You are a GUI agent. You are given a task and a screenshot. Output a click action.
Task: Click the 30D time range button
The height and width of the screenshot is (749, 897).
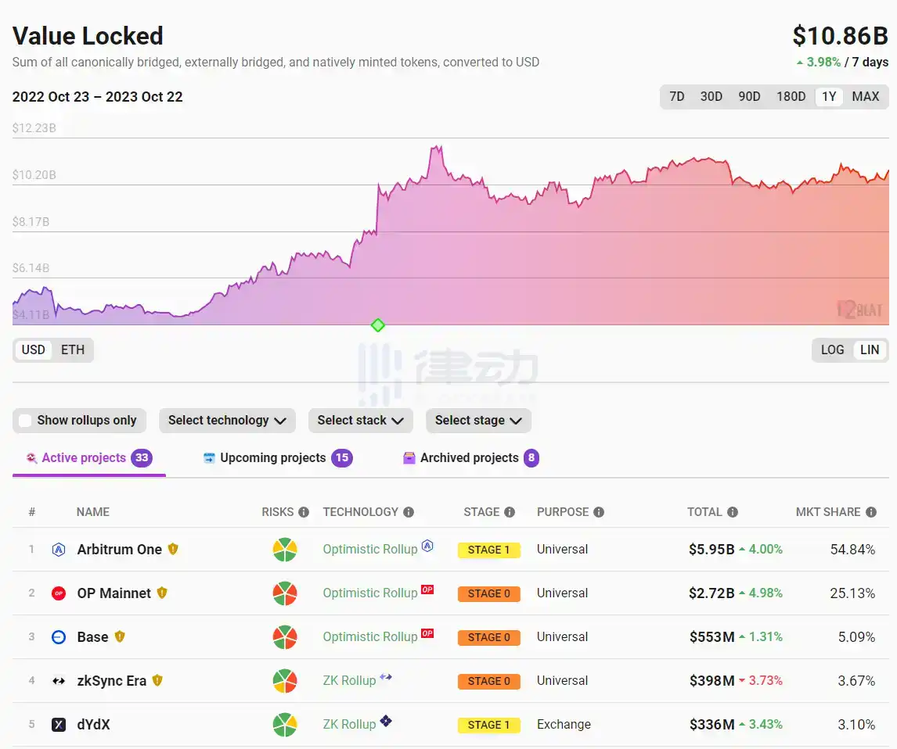(x=711, y=97)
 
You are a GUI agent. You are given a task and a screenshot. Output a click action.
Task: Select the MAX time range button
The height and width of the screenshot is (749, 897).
(x=865, y=97)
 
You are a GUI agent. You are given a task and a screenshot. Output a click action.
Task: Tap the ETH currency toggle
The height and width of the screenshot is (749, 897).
(x=73, y=349)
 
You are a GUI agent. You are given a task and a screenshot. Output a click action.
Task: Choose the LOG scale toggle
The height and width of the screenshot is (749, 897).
(x=832, y=349)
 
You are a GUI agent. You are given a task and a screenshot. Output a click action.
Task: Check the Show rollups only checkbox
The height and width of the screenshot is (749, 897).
(x=25, y=421)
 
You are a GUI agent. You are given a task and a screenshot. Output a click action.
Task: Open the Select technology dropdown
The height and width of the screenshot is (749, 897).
(x=227, y=421)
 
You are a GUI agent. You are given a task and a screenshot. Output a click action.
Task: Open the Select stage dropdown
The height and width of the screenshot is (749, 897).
(x=478, y=421)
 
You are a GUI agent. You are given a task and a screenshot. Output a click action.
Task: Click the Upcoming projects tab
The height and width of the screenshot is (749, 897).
(x=272, y=458)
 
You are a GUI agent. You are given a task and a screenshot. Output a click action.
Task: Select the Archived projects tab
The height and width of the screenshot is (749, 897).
(x=469, y=458)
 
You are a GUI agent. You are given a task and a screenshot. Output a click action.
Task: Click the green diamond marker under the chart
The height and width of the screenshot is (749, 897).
(x=378, y=325)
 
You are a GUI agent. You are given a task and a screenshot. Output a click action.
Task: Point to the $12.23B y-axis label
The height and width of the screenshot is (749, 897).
(x=34, y=127)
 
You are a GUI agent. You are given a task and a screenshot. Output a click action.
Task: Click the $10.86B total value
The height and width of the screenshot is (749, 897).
(x=840, y=36)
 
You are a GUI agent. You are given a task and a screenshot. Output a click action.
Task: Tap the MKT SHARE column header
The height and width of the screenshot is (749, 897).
(x=827, y=512)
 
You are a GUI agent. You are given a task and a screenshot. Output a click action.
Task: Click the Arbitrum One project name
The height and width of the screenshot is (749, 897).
(x=119, y=550)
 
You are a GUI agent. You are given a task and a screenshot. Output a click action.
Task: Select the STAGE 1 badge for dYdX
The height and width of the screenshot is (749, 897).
(x=488, y=725)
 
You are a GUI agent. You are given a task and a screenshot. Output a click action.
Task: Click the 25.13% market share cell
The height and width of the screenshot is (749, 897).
(x=852, y=593)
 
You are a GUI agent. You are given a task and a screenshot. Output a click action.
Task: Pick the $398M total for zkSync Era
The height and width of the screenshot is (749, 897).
(x=711, y=681)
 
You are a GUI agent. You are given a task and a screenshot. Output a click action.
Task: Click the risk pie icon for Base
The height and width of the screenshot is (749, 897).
(x=285, y=637)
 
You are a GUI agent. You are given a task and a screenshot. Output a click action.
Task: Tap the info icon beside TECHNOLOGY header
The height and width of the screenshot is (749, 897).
(x=409, y=512)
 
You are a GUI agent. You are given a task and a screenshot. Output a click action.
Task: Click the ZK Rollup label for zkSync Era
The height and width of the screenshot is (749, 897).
(x=349, y=681)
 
